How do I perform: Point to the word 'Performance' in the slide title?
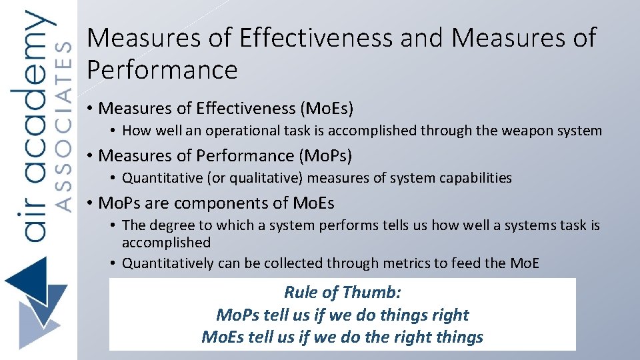coord(162,69)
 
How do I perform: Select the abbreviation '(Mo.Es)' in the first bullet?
coord(327,108)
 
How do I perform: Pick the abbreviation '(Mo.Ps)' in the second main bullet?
coord(326,155)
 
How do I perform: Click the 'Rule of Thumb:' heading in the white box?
coord(342,292)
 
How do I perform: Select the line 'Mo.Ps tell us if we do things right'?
coord(342,315)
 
